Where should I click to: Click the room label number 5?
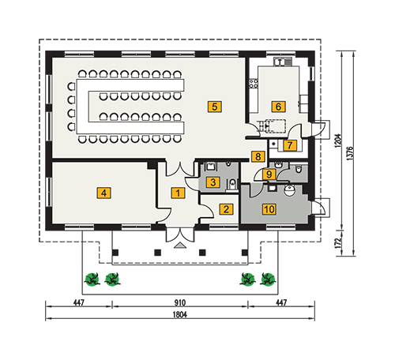click(214, 107)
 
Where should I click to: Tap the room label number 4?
click(103, 193)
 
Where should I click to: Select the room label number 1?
click(178, 193)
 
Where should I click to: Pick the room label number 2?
click(226, 209)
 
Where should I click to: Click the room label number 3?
click(213, 182)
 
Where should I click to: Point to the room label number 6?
click(278, 107)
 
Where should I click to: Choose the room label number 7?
click(290, 145)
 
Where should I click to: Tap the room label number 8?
click(258, 156)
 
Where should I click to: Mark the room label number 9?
click(269, 174)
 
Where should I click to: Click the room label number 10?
click(269, 209)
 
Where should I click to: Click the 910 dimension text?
click(180, 302)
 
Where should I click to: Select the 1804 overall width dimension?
click(180, 314)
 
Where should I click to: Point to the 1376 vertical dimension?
click(350, 153)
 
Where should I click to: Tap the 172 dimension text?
click(338, 243)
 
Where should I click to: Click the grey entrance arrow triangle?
click(180, 246)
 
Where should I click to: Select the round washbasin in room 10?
click(290, 190)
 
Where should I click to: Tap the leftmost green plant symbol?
click(92, 279)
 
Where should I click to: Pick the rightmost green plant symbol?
click(268, 279)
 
